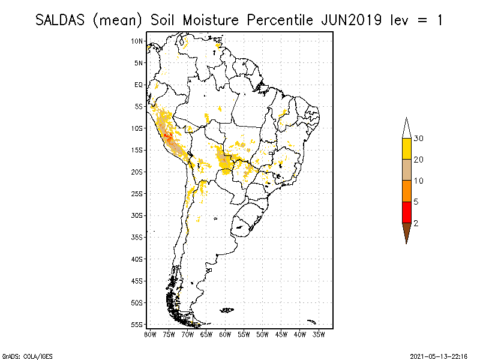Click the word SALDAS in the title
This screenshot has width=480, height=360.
point(60,20)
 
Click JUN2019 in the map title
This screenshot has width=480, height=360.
point(351,20)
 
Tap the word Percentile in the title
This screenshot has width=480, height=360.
point(280,20)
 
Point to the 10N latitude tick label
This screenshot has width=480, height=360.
point(137,41)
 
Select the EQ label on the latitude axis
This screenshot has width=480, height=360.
point(139,85)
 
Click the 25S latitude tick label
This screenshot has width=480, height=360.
point(137,194)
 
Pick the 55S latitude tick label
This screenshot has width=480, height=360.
point(137,325)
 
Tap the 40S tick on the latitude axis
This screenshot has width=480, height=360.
point(137,259)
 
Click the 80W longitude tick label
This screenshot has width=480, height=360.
point(150,335)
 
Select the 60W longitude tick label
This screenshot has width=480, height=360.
point(225,335)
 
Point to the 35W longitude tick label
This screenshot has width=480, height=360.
point(319,335)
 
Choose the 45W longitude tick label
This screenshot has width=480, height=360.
point(281,335)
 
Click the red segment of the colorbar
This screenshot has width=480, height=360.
point(407,212)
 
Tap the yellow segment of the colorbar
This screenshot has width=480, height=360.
point(407,149)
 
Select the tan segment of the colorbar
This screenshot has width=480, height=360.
point(407,170)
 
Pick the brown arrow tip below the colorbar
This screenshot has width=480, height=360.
point(407,244)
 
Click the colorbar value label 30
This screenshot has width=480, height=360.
point(418,139)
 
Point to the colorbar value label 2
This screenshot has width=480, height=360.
point(416,223)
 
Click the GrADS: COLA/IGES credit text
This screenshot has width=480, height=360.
point(27,356)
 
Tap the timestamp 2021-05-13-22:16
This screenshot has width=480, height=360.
point(439,356)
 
